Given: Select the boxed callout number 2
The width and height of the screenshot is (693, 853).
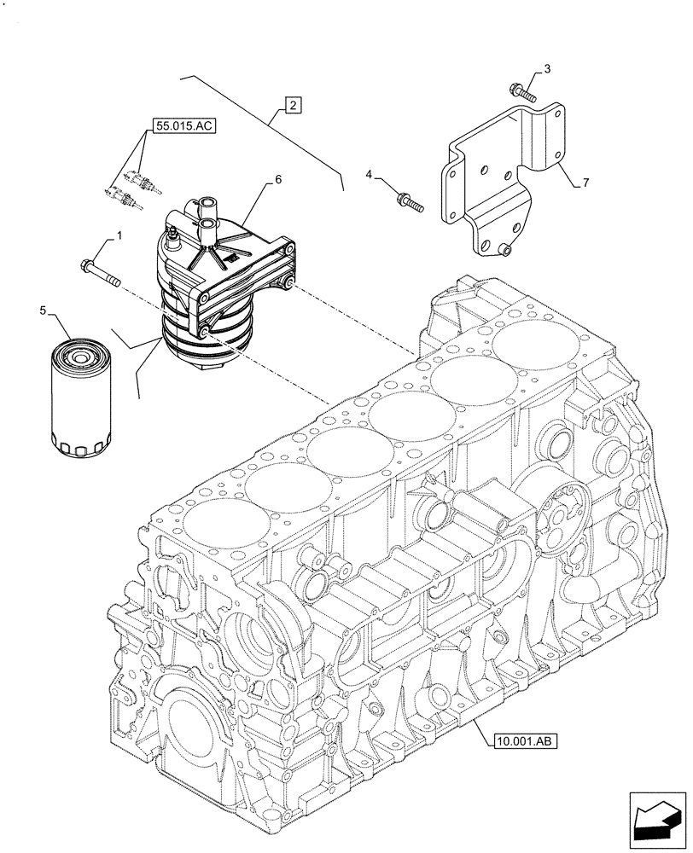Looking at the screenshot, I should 292,106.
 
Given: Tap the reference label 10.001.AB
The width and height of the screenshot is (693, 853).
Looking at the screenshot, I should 525,740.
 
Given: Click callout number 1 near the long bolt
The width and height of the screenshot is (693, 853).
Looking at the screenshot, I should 119,234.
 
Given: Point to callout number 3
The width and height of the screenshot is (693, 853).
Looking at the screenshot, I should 547,68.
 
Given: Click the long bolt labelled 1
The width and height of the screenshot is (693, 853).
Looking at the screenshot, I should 101,272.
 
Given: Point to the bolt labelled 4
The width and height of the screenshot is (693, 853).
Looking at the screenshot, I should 410,202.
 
